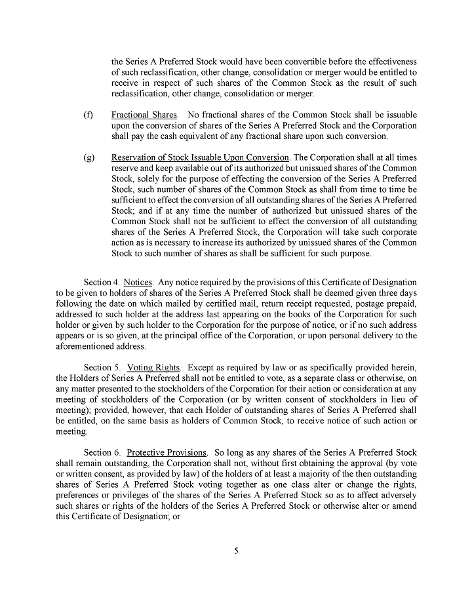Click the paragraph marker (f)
click(x=88, y=115)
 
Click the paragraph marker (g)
click(x=88, y=157)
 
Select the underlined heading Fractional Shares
click(x=140, y=115)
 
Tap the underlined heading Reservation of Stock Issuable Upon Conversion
click(x=200, y=157)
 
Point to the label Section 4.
click(x=102, y=280)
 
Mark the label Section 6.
click(x=102, y=452)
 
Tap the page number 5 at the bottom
click(x=236, y=551)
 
